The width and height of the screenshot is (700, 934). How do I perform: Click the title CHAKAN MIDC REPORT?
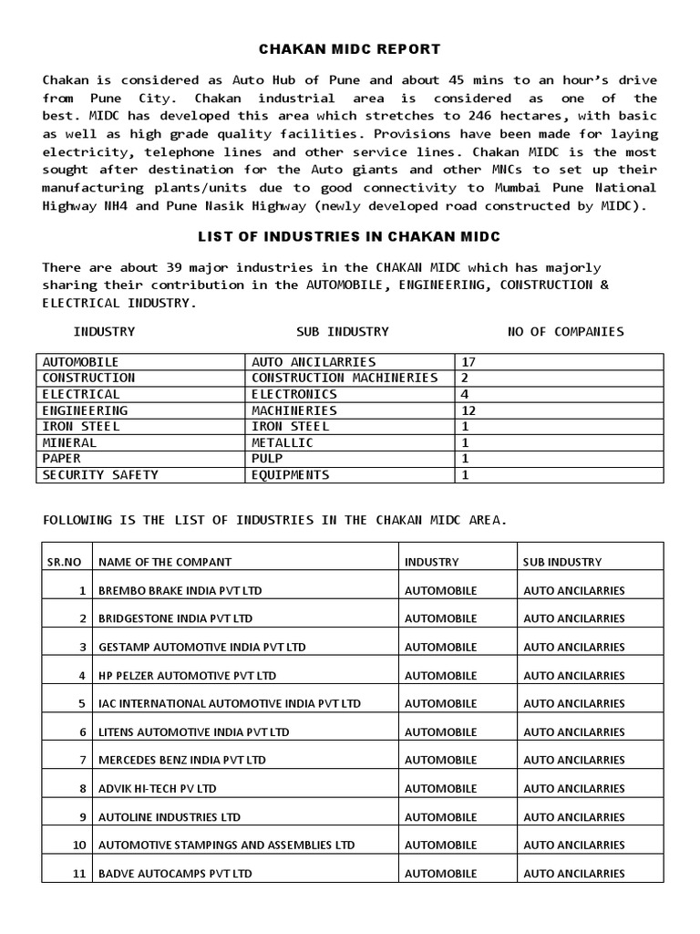(x=349, y=48)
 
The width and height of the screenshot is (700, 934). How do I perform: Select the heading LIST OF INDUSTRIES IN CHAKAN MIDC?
(x=349, y=236)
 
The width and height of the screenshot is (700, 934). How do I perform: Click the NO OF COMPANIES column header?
(x=565, y=331)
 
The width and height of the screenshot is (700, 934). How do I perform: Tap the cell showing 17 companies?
(x=469, y=362)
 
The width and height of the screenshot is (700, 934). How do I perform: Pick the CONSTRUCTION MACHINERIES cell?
(x=345, y=378)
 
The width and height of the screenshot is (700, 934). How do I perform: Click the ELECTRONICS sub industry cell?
(x=293, y=394)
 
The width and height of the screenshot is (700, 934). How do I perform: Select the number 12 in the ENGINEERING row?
(x=469, y=410)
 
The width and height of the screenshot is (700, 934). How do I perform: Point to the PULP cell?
(x=267, y=459)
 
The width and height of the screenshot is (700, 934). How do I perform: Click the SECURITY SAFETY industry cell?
(x=100, y=475)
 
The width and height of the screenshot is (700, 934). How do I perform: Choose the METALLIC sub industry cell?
(x=282, y=442)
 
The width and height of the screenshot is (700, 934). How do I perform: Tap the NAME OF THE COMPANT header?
(x=165, y=562)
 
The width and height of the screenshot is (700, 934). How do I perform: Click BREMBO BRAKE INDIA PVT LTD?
(x=180, y=590)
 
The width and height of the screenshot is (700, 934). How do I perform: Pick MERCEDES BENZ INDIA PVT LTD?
(x=182, y=760)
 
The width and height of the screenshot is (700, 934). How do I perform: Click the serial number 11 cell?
(x=78, y=873)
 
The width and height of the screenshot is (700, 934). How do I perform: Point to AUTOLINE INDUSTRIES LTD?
(x=170, y=816)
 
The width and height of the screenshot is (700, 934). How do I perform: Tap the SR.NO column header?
(x=64, y=562)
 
